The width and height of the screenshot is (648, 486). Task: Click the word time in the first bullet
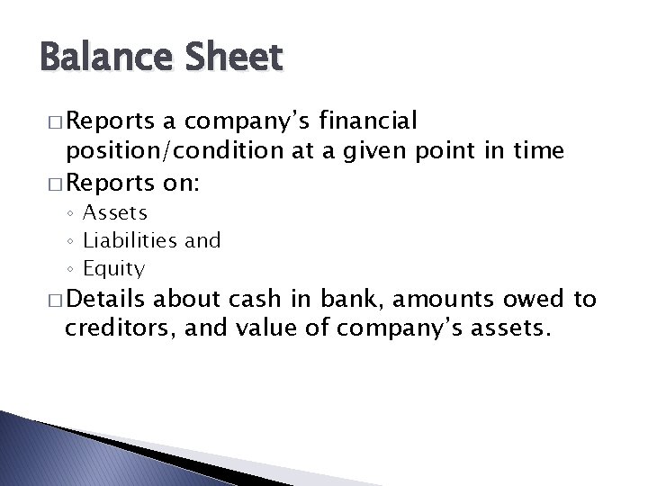(540, 152)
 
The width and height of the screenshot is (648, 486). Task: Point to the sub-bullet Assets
(115, 212)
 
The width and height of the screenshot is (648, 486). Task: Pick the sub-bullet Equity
(113, 267)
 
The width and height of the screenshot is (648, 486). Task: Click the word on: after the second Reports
(184, 183)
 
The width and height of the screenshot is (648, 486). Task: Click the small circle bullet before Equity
(70, 268)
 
